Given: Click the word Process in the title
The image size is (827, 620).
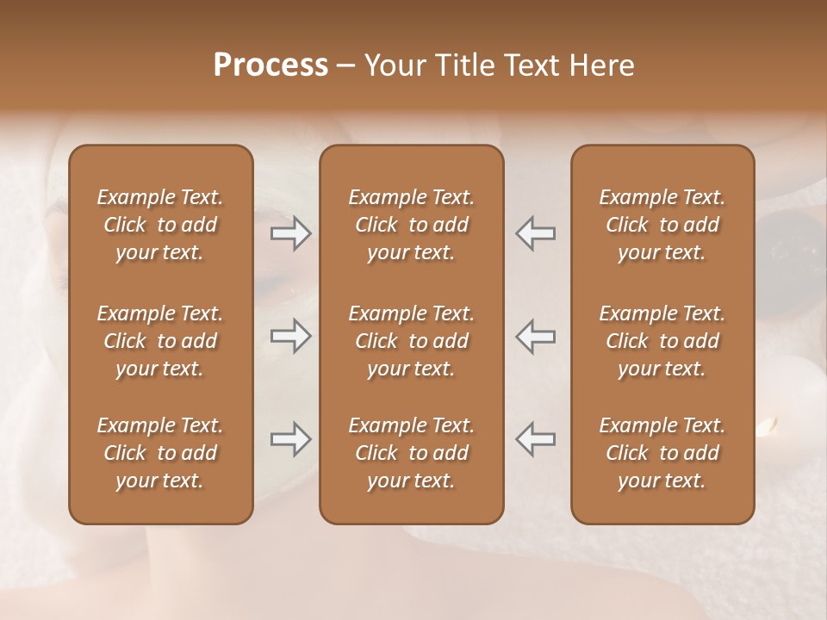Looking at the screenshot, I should [x=270, y=65].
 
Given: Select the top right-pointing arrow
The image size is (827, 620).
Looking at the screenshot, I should [x=291, y=233].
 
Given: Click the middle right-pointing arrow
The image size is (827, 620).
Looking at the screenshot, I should [x=291, y=337].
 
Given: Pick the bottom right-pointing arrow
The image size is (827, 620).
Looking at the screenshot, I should [x=291, y=440].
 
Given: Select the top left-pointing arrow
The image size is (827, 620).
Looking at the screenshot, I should [x=536, y=233].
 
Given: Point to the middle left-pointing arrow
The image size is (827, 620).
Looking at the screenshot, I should [x=536, y=337].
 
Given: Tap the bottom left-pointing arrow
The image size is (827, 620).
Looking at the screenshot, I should [x=536, y=440].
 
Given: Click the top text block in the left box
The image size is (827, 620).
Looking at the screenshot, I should [x=160, y=225].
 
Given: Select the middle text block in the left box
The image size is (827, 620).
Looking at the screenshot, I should [x=160, y=341].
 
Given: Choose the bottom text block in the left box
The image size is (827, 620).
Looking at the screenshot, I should [x=160, y=453].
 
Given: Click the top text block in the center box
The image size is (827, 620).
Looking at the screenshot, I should [x=412, y=225].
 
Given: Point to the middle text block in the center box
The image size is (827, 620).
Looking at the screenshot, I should [x=412, y=341].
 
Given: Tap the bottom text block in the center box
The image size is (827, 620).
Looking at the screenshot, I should [x=412, y=453].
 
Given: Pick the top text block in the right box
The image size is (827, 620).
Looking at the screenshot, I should [x=662, y=225].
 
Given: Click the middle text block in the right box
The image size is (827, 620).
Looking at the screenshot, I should [x=662, y=341].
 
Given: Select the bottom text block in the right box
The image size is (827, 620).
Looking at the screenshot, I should [x=662, y=453].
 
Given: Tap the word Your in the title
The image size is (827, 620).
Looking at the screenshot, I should [x=391, y=65].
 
